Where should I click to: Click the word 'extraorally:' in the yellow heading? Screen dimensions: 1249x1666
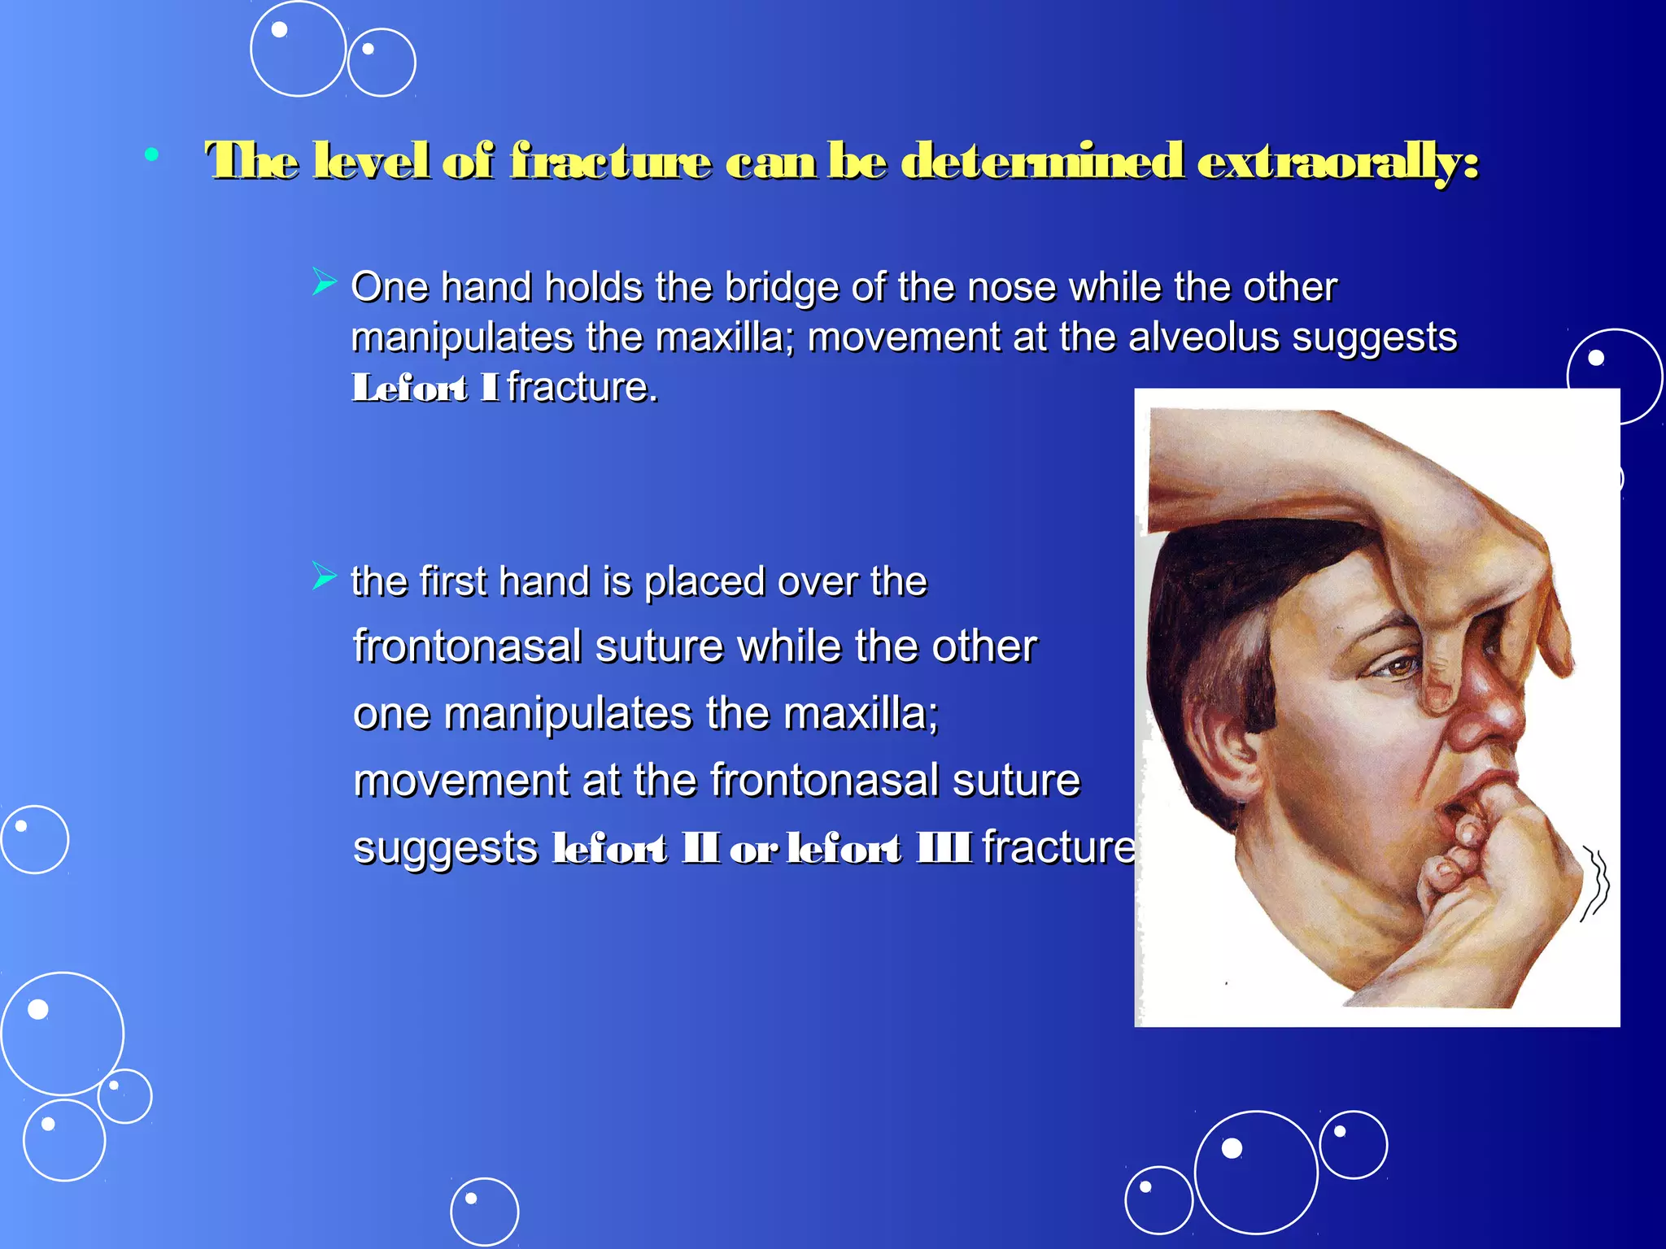1337,161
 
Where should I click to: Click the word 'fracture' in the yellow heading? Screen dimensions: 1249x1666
610,161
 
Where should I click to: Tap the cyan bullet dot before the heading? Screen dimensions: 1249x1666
151,154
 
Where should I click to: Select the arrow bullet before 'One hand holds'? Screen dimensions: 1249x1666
324,282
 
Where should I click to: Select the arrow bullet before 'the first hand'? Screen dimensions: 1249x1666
324,577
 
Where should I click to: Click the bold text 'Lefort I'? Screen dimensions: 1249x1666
424,388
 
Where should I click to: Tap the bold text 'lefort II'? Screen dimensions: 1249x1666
635,848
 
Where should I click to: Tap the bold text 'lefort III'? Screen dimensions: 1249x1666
879,848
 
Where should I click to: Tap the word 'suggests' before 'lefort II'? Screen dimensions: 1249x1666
445,848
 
